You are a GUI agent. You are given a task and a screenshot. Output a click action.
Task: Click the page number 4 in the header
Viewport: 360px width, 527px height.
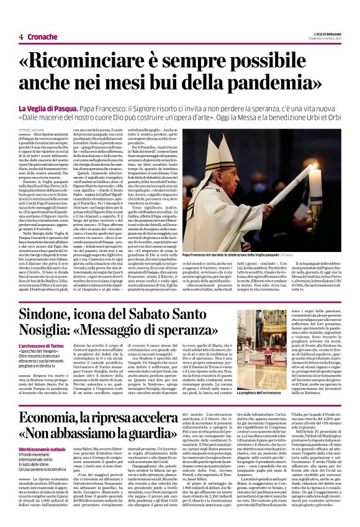click(x=21, y=37)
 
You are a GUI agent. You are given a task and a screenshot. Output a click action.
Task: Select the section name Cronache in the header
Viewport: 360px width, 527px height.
click(x=42, y=37)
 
